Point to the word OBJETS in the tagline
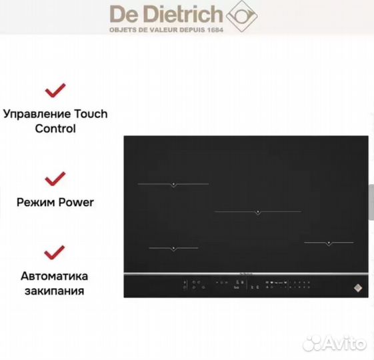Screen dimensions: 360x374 point(122,31)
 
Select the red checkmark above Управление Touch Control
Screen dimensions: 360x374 point(55,90)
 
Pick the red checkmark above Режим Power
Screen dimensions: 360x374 point(55,179)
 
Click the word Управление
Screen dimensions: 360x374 point(37,114)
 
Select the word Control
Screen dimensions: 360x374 point(55,129)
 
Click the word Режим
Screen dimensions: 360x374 point(33,202)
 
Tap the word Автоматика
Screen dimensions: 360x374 point(55,276)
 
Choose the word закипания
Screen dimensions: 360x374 point(55,291)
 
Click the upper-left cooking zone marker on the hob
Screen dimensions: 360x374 point(173,184)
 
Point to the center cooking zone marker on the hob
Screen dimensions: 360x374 point(257,213)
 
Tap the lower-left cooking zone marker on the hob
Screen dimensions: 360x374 point(173,249)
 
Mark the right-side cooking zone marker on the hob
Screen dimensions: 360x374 point(329,243)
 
